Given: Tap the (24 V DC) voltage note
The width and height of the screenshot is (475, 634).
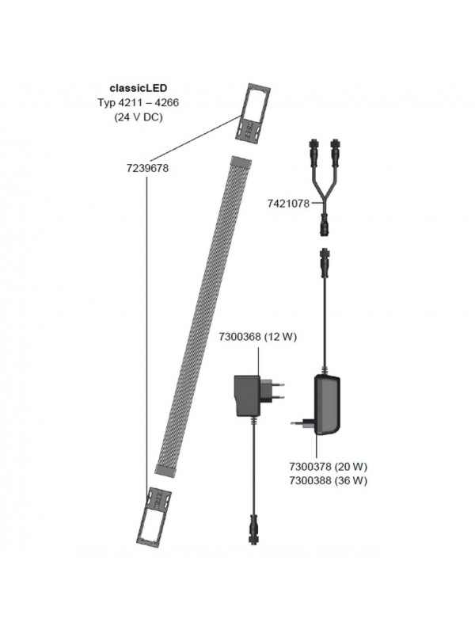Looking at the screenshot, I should pos(139,116).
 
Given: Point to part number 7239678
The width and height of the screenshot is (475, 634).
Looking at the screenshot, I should pos(148,169).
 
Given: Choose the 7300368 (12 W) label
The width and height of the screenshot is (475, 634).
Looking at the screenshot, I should pos(257,338).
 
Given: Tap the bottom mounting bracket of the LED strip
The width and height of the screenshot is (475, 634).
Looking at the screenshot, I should pos(158,516).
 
